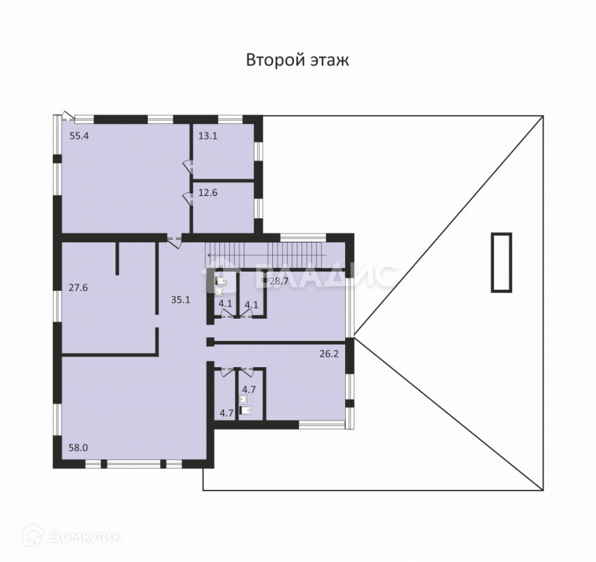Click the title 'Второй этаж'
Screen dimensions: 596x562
click(x=297, y=60)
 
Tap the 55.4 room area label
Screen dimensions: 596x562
click(x=79, y=136)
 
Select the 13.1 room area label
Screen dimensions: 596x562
click(x=207, y=136)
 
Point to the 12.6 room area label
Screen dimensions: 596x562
click(x=207, y=192)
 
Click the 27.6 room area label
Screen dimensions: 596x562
click(x=78, y=287)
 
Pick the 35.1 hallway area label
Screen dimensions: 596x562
click(x=180, y=300)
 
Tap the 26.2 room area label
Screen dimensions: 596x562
click(x=330, y=353)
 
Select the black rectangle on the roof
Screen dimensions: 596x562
click(x=501, y=262)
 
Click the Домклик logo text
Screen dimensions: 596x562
click(x=83, y=537)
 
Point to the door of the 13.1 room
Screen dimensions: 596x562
click(x=187, y=165)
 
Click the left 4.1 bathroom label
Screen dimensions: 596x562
click(x=225, y=303)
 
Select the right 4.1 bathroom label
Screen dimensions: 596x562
click(x=252, y=303)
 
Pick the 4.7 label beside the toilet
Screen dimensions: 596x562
click(x=248, y=390)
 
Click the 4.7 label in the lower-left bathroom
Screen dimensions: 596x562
click(x=226, y=412)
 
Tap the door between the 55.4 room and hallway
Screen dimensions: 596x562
click(x=174, y=241)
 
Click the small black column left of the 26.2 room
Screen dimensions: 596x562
click(x=210, y=341)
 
